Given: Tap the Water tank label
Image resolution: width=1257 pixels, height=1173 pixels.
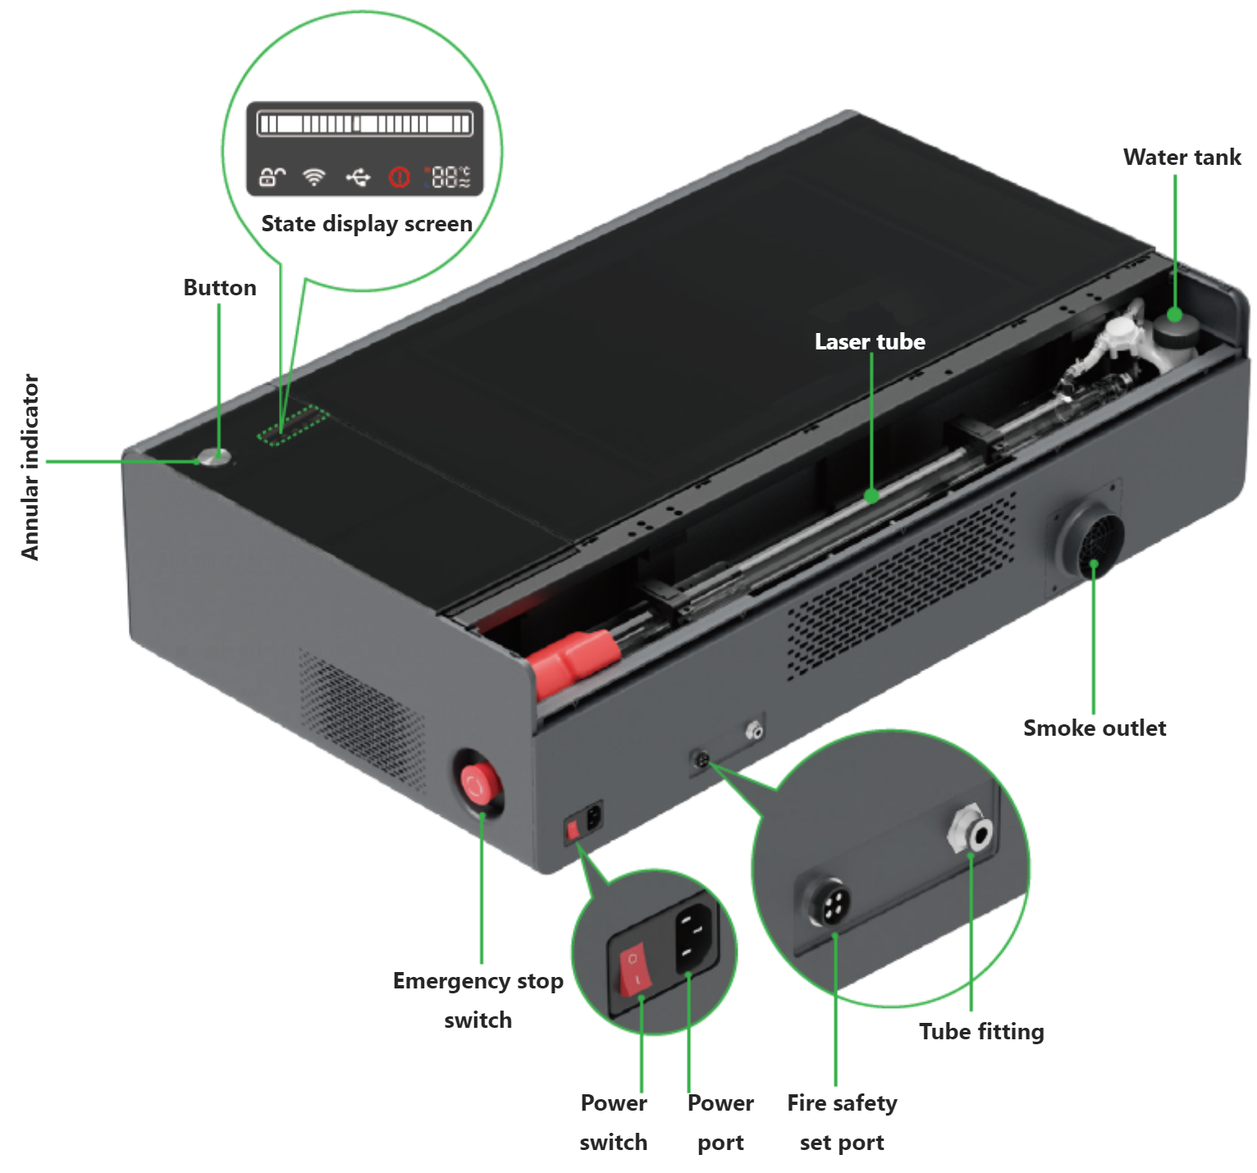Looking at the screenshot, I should coord(1182,157).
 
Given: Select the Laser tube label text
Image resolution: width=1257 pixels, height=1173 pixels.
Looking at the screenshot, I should coord(870,341).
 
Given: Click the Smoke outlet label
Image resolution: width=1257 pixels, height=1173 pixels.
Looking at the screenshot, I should coord(1095,728).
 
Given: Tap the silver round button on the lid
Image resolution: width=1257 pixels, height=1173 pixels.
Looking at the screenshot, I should coord(216,457).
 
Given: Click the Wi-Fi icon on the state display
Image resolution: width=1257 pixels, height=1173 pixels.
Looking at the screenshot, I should coord(314,176).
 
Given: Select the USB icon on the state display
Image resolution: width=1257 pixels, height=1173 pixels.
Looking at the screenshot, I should coord(358,176).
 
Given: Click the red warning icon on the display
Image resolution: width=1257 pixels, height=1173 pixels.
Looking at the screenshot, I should coord(400,176).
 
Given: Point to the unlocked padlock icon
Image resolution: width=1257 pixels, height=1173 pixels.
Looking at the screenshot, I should coord(272,176).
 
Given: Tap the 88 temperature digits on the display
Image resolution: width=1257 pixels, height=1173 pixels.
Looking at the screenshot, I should coord(446,176).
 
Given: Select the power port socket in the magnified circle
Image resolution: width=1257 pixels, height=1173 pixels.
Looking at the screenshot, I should coord(692,936).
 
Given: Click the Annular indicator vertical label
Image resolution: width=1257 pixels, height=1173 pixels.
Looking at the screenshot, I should coord(30,467).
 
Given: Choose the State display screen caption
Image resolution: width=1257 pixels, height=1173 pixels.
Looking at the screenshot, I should coord(367,224).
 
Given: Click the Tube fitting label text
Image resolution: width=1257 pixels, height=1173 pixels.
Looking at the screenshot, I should coord(981,1031).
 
